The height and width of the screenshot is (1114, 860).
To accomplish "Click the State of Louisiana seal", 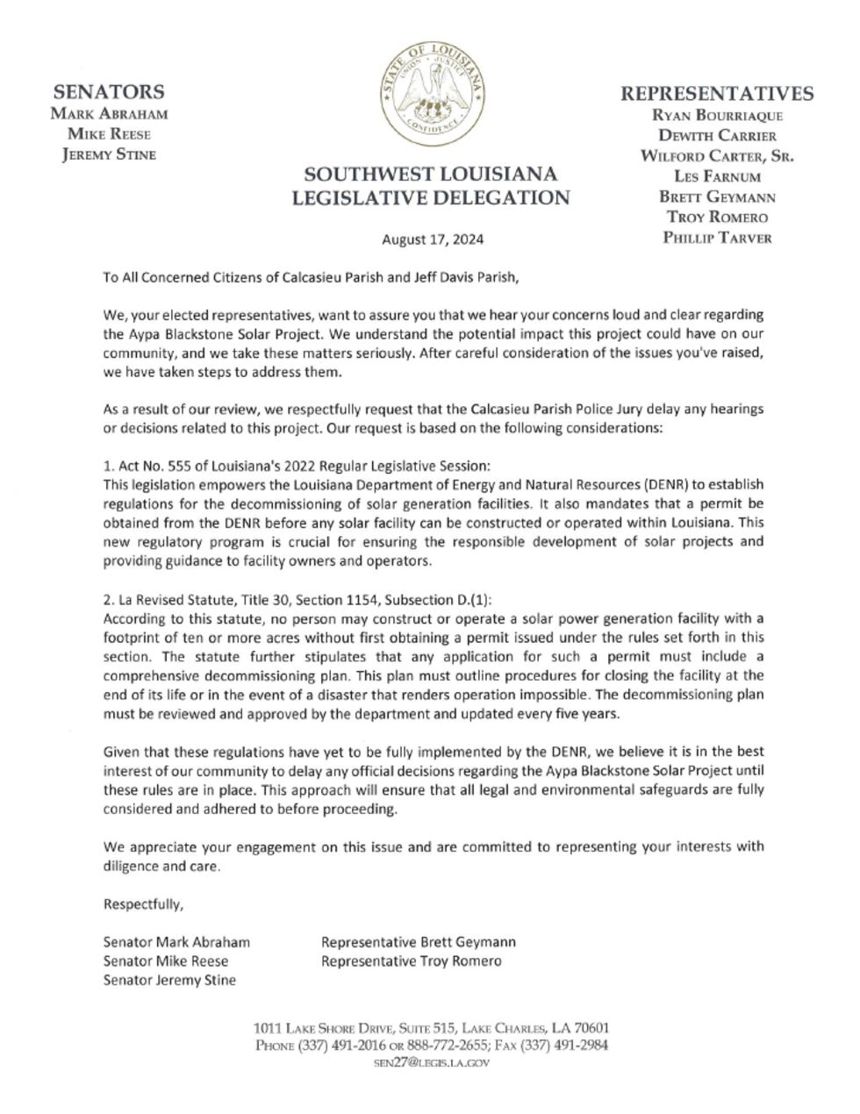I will point(431,92).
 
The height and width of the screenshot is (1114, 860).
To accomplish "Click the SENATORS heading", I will point(109,92).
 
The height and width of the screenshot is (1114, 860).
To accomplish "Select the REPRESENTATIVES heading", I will point(717,94).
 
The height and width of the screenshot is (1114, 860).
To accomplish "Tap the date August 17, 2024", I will point(432,239).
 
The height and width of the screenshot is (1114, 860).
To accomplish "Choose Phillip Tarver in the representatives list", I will point(717,238).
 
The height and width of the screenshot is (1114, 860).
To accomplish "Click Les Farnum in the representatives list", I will point(717,176).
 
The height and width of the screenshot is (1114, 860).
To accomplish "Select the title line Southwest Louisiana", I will point(431,173).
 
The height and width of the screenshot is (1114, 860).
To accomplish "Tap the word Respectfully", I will point(144,904).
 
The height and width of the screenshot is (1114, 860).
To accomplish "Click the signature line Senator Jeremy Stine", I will point(169,980).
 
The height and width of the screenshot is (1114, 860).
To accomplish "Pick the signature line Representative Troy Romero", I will point(412,960).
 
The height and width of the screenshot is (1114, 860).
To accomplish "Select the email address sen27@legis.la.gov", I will point(431,1063).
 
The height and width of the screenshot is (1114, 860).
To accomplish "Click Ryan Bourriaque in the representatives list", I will point(717,115).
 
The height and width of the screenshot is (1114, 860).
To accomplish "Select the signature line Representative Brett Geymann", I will point(419,942).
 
